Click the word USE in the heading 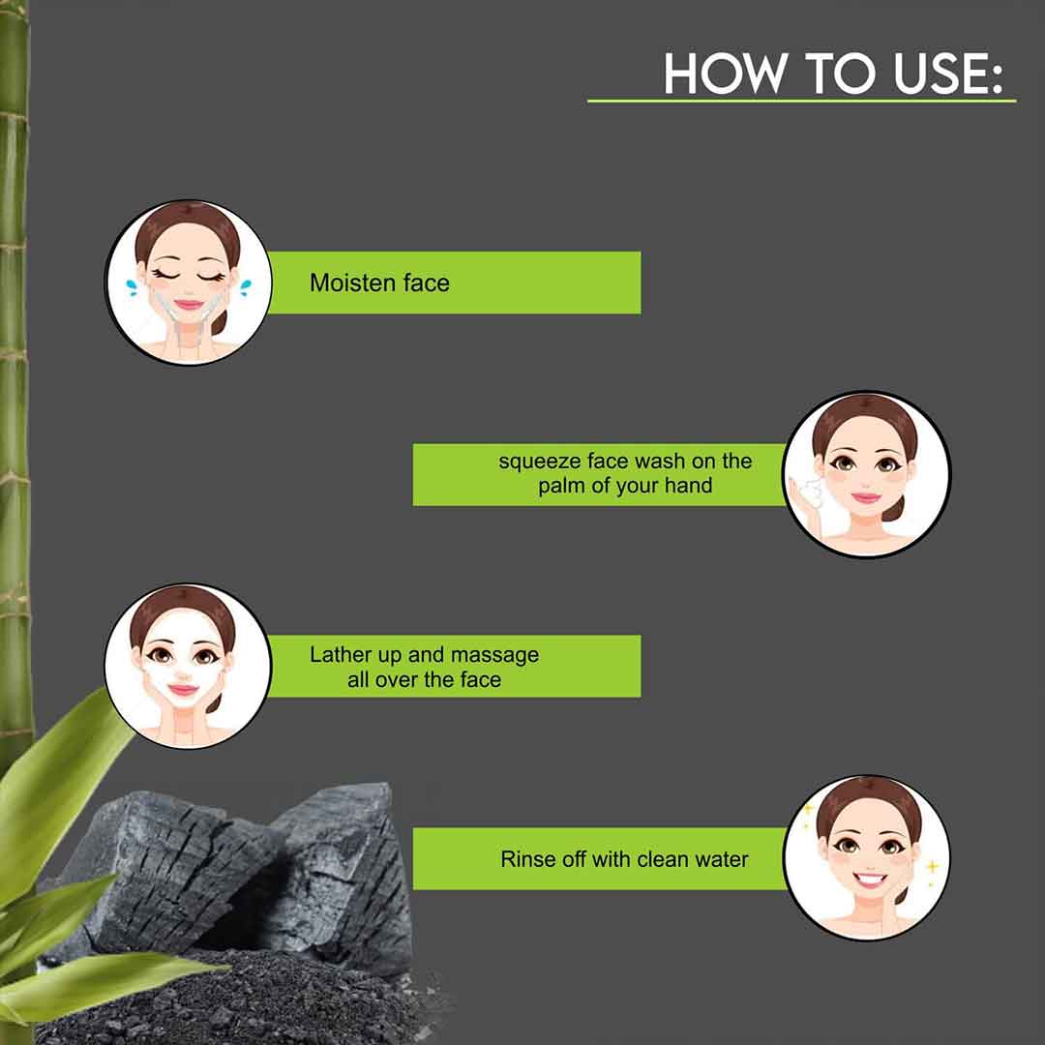point(938,73)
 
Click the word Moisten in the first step point(353,283)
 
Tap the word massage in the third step point(494,656)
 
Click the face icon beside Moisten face point(189,283)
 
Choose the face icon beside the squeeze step point(866,474)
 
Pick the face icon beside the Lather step point(188,666)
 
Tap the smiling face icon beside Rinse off point(867,857)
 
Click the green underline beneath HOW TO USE point(801,101)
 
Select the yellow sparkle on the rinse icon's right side point(932,866)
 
